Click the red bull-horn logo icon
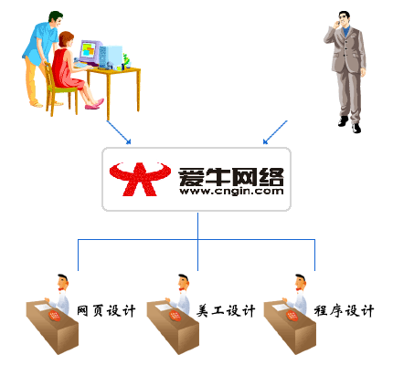[x=140, y=179]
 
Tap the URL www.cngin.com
[x=231, y=192]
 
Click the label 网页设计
[x=106, y=311]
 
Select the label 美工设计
[x=226, y=311]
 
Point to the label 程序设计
[x=344, y=311]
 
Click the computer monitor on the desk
[x=90, y=52]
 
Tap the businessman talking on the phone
[x=346, y=72]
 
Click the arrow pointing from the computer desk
[x=119, y=132]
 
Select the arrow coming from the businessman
[x=275, y=132]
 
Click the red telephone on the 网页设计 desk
[x=54, y=317]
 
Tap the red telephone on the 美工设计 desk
[x=175, y=317]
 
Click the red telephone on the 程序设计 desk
[x=292, y=317]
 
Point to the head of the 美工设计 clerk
[x=184, y=282]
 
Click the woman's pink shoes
[x=95, y=104]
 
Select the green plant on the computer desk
[x=126, y=60]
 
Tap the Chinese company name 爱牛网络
[x=231, y=177]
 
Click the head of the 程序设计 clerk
[x=301, y=282]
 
